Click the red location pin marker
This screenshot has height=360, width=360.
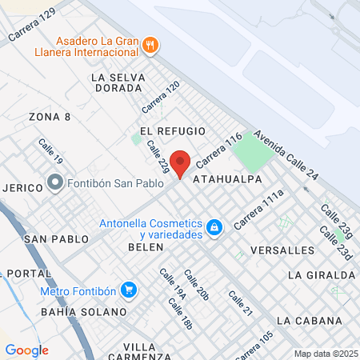click(180, 163)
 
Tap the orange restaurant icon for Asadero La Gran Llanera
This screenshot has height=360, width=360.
click(150, 46)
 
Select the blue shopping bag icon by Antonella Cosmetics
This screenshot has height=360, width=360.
click(214, 228)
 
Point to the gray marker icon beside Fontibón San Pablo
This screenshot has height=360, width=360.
click(55, 182)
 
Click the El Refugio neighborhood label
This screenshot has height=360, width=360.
click(172, 130)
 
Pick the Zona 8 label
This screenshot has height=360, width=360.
click(50, 117)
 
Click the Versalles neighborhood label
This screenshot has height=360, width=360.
click(282, 250)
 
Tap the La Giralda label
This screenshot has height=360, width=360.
click(320, 274)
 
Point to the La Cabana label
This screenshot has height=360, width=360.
click(315, 321)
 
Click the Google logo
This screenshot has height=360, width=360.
click(26, 350)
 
